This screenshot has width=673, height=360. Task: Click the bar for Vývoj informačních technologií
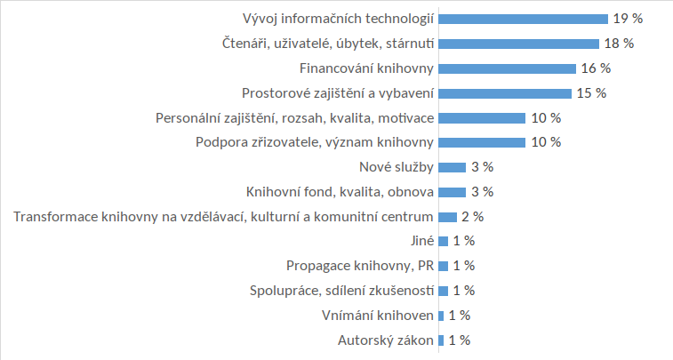pos(523,18)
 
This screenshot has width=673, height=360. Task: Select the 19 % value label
pos(627,18)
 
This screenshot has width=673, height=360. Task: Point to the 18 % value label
pos(618,43)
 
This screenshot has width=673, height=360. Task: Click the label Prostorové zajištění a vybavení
pos(338,92)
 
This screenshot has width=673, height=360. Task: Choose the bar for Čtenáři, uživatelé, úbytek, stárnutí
pos(518,43)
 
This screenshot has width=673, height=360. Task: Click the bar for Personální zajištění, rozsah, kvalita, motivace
pos(482,117)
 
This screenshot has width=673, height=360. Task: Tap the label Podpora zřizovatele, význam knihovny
pos(314,142)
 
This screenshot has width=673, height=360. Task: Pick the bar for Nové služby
pos(452,167)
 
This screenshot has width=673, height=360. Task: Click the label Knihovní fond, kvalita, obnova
pos(339,191)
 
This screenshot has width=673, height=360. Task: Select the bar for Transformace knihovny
pos(447,216)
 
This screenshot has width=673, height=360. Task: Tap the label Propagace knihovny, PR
pos(360,266)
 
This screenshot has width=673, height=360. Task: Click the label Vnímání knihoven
pos(377,315)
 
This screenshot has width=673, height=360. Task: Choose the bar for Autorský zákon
pos(441,340)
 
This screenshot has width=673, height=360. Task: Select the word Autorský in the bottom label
pos(363,340)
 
